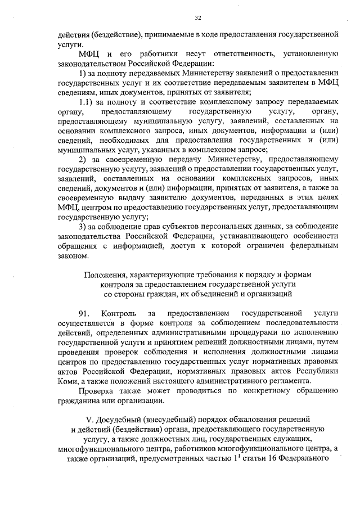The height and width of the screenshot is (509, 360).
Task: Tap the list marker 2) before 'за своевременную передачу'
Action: [x=84, y=159]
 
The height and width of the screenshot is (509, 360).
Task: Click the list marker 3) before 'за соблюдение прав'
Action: [x=83, y=226]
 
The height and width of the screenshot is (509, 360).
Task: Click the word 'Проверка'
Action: [x=96, y=390]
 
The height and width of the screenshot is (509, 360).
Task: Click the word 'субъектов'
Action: [x=159, y=226]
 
